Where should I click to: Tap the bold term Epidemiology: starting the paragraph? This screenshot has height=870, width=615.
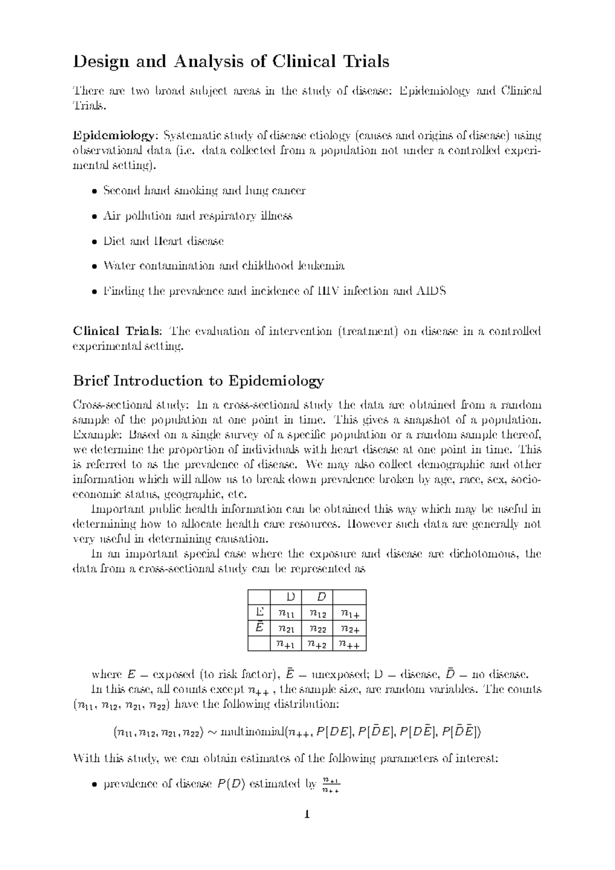tap(113, 136)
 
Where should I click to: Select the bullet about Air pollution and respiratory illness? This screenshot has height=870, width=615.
tap(197, 216)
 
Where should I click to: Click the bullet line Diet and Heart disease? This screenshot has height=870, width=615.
tap(163, 241)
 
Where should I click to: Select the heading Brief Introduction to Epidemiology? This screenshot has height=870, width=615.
tap(198, 381)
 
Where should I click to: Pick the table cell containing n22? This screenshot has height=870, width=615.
tap(317, 627)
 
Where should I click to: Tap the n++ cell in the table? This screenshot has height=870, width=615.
tap(350, 643)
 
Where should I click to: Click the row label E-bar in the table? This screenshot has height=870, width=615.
tap(259, 627)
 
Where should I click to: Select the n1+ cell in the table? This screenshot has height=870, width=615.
tap(350, 612)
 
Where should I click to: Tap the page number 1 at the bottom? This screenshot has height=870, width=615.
tap(307, 814)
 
